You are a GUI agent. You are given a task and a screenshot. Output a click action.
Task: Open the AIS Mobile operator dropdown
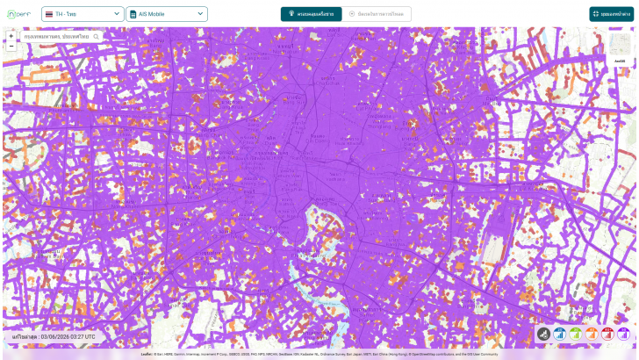pos(167,14)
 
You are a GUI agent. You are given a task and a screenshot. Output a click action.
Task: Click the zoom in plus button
pos(11,36)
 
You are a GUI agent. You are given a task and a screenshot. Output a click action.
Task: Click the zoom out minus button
pos(11,46)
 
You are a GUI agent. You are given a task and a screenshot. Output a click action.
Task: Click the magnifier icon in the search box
pos(97,37)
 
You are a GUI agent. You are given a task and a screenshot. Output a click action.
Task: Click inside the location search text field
pos(57,37)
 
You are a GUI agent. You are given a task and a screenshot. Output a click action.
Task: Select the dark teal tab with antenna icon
pos(310,14)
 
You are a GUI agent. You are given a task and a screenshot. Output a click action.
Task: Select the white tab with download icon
pos(377,14)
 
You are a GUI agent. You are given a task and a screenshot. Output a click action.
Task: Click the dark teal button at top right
pos(612,14)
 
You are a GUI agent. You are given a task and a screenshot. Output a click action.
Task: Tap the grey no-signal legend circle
pos(544,335)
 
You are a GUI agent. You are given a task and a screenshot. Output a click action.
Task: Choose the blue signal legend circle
pos(560,335)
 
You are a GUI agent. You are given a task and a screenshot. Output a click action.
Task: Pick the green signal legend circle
pos(576,335)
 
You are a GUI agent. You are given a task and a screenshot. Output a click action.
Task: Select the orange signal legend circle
pos(592,335)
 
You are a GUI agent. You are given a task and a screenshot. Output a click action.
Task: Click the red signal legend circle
pos(607,335)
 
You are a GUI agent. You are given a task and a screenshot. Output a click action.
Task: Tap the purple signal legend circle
pos(623,335)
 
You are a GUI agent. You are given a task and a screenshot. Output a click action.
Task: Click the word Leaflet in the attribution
pos(146,354)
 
